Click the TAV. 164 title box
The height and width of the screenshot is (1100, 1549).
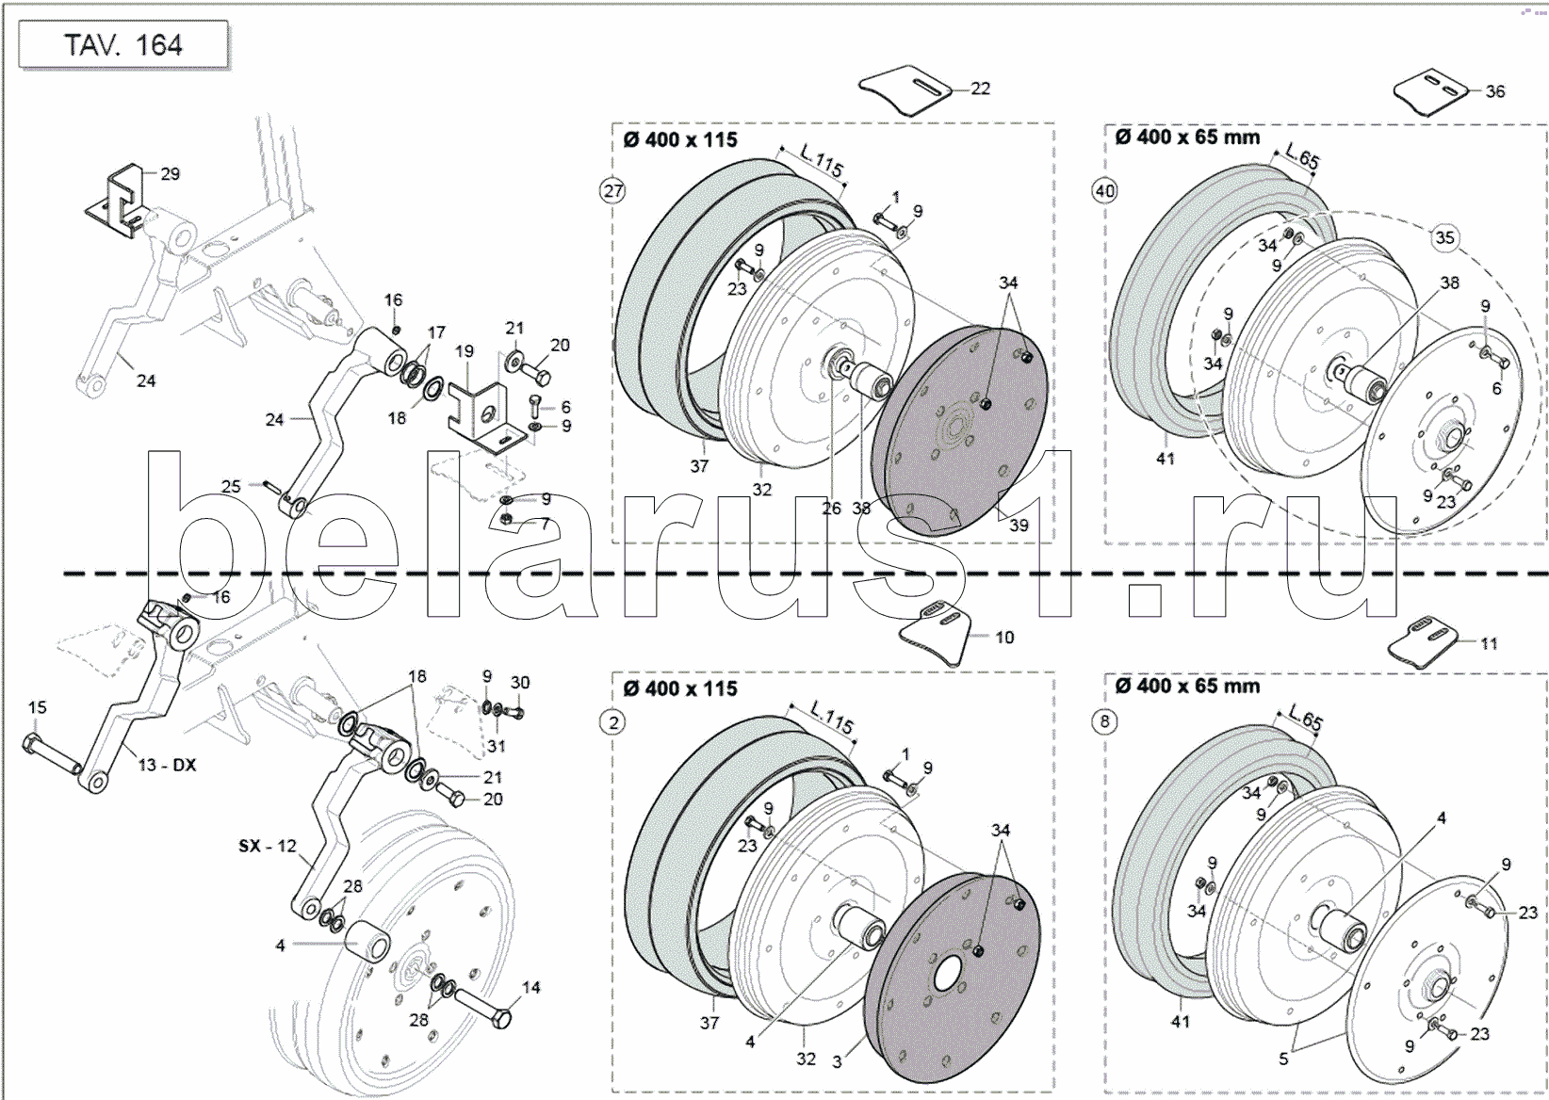(x=123, y=45)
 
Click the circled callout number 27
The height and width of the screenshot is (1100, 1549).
(x=613, y=191)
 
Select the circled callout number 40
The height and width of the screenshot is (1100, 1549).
(x=1104, y=191)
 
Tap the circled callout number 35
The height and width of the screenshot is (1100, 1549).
(x=1444, y=237)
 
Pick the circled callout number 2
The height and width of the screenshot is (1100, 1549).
(x=613, y=722)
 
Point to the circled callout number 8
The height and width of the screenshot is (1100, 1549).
(x=1104, y=722)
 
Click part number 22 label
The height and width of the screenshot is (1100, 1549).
(x=980, y=89)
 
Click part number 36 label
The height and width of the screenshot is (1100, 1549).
(x=1495, y=91)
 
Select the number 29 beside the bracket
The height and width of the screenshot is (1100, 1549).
(x=170, y=173)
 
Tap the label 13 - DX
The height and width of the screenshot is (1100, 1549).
(x=168, y=765)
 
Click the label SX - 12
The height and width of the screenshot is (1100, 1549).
(x=268, y=846)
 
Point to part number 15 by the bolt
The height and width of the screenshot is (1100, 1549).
(x=37, y=707)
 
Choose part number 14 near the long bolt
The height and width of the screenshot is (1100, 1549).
(x=531, y=987)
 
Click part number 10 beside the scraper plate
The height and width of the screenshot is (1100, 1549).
(x=1004, y=638)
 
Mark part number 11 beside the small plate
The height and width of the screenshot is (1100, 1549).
(x=1489, y=643)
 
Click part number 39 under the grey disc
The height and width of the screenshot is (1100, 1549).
(x=1019, y=526)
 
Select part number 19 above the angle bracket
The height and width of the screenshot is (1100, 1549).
(x=464, y=351)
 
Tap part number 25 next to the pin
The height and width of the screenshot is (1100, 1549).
(x=231, y=486)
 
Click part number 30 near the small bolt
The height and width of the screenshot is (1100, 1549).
(x=520, y=683)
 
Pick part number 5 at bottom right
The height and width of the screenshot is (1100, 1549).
(x=1283, y=1059)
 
